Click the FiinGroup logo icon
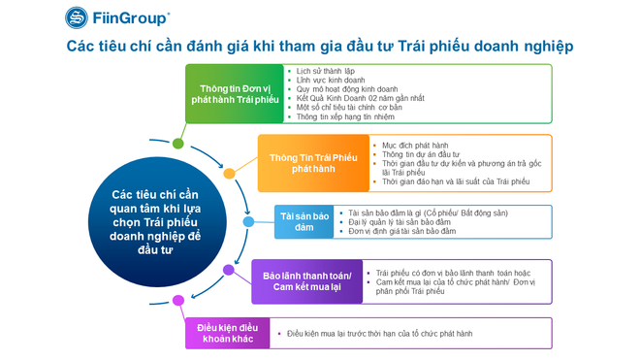pyautogui.click(x=77, y=17)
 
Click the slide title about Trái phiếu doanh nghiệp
pyautogui.click(x=320, y=47)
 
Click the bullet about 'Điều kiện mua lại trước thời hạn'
pyautogui.click(x=380, y=334)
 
